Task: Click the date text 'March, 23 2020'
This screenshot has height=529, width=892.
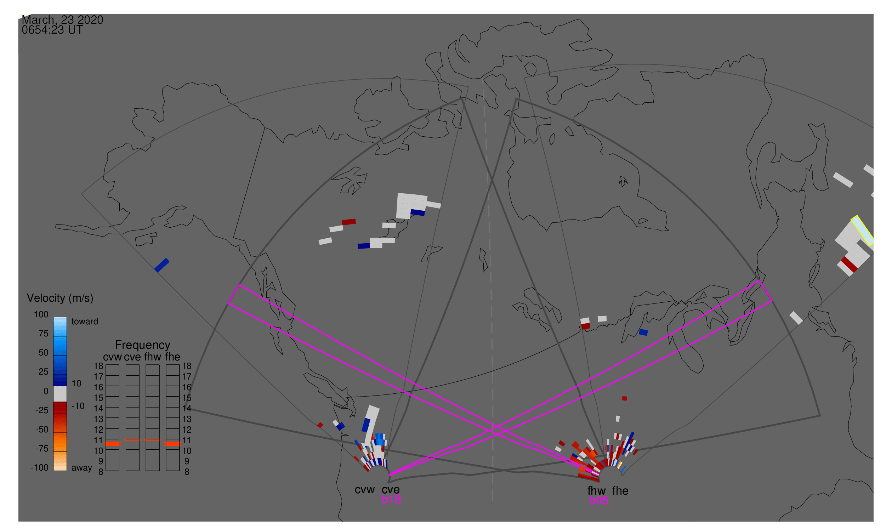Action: tap(62, 20)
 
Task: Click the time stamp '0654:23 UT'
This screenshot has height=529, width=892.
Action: tap(52, 30)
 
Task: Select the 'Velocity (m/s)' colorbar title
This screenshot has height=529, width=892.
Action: tap(60, 298)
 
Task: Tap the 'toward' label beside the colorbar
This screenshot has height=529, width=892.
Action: tap(85, 322)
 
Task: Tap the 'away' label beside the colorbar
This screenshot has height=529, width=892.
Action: tap(82, 468)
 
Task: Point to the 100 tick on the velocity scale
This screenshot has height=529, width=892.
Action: tap(41, 314)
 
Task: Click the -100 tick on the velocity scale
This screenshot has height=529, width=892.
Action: tap(40, 468)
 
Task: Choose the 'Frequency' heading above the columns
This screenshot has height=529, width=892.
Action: tap(142, 345)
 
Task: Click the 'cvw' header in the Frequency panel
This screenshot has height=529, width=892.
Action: tap(112, 357)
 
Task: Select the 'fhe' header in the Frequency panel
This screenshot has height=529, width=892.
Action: tap(172, 357)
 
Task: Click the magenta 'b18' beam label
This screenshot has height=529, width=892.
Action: tap(391, 499)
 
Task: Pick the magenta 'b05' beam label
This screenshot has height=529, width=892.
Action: tap(598, 500)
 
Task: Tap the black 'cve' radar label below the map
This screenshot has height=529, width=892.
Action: tap(390, 490)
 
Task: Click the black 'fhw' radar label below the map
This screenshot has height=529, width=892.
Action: tap(596, 491)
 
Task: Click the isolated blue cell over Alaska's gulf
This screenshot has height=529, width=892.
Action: tap(162, 265)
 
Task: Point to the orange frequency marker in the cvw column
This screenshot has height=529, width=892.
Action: tap(112, 444)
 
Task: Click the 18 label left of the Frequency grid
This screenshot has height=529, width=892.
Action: tap(98, 366)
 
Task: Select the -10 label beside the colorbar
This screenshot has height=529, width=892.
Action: tap(78, 406)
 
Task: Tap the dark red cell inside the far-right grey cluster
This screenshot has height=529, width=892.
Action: tap(849, 264)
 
